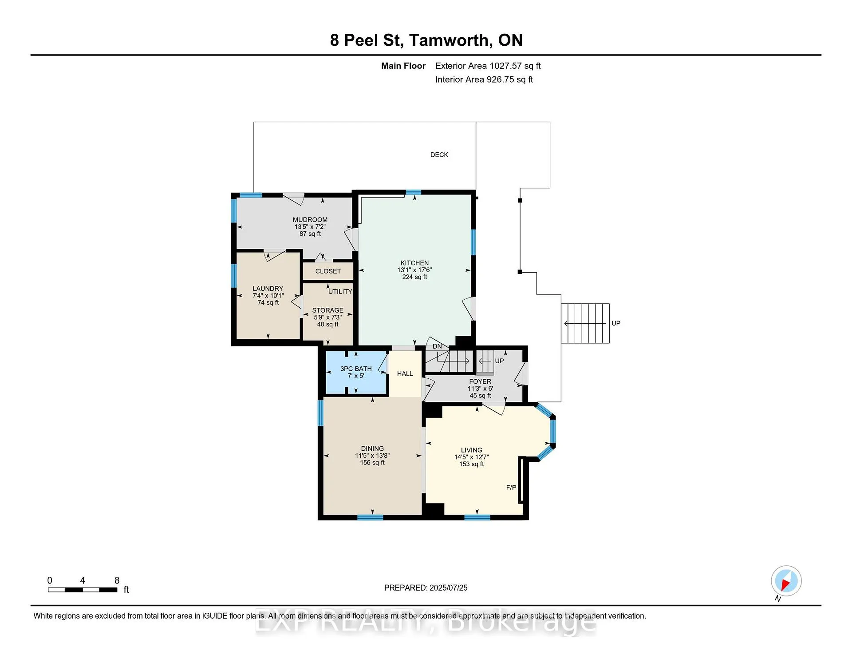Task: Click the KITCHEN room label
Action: coord(414,263)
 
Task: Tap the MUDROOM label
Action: coord(310,220)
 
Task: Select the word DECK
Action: coord(439,155)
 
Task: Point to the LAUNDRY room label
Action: coord(268,289)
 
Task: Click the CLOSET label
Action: coord(328,271)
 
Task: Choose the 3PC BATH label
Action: coord(356,369)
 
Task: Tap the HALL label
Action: coord(405,374)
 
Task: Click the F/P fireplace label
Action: coord(511,488)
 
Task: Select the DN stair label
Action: coord(437,346)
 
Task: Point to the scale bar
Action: coord(83,590)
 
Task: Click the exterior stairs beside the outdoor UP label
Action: coord(585,323)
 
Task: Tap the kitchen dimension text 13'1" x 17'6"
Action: coord(414,270)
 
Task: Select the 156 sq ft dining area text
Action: coord(372,463)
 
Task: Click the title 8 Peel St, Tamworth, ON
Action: coord(426,40)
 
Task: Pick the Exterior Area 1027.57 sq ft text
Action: coord(488,66)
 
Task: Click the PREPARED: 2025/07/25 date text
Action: coord(426,588)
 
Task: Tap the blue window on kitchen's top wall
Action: coord(413,192)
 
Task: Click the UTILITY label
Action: coord(340,292)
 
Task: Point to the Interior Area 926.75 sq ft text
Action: coord(484,79)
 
